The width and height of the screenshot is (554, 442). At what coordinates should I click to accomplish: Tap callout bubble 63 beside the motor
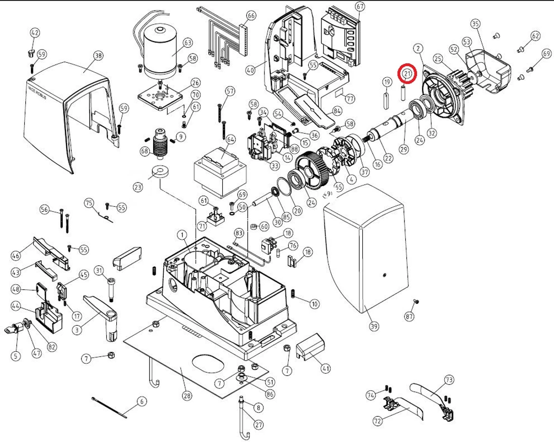(188, 42)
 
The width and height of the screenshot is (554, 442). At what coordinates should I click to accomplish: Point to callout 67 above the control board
(359, 7)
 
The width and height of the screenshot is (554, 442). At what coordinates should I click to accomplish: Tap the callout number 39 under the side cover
(374, 326)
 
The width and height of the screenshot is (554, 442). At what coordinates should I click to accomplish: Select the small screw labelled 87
(415, 302)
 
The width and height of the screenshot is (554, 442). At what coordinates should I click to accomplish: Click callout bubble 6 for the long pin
(141, 402)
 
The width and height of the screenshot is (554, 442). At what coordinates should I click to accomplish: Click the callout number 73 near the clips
(449, 379)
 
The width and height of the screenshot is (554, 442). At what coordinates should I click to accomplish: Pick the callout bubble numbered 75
(89, 203)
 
